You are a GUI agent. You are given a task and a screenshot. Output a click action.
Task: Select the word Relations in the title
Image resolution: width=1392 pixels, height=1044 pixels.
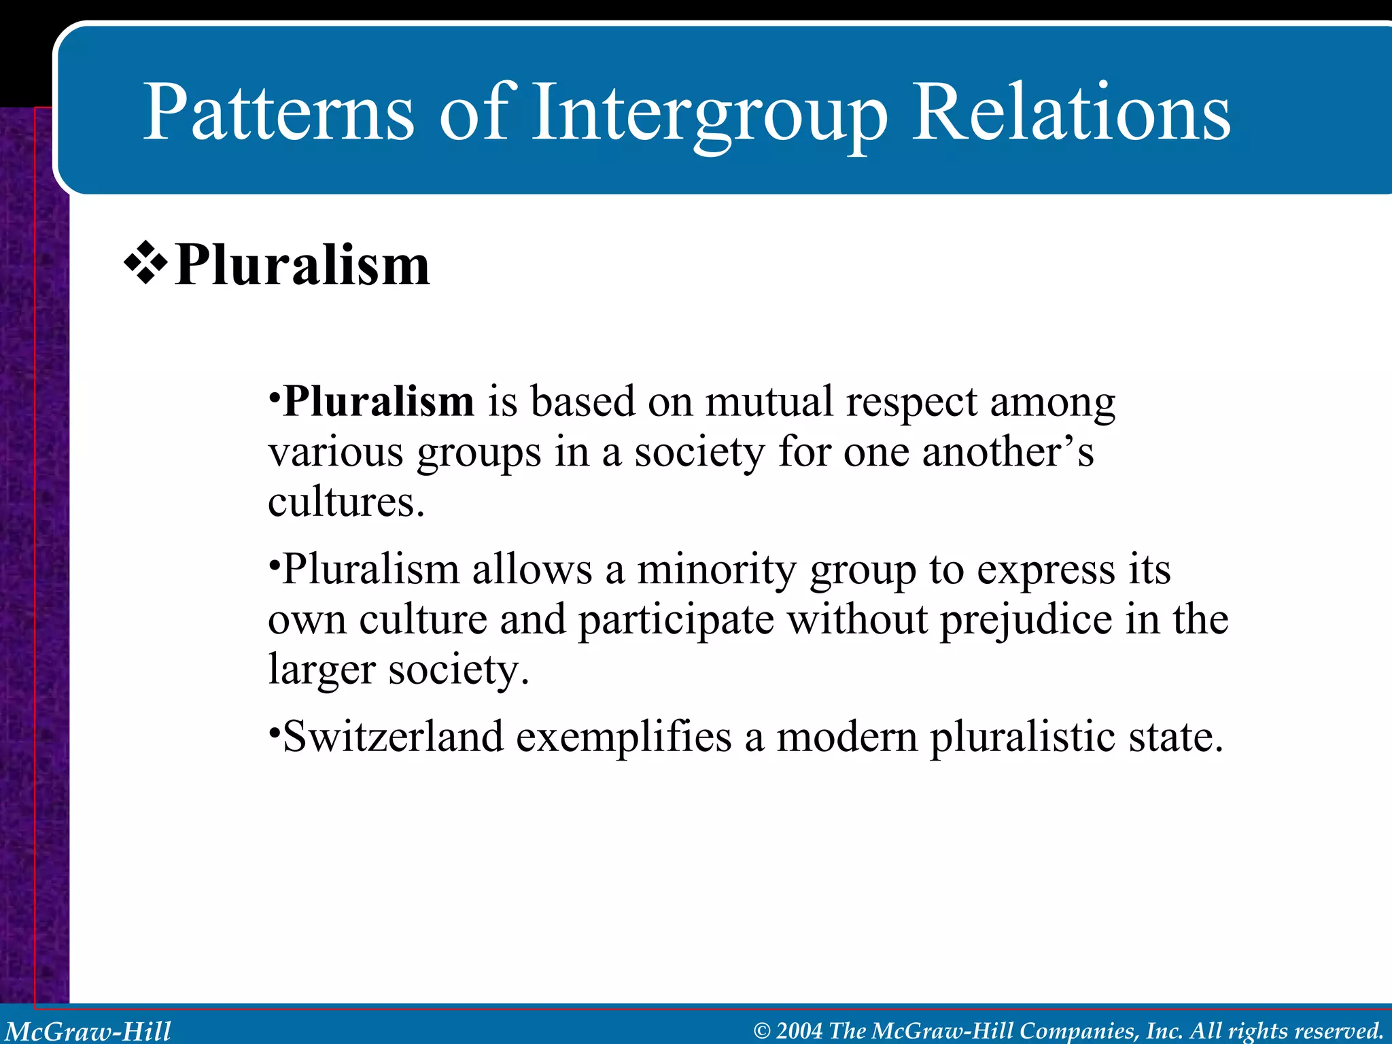pyautogui.click(x=1071, y=112)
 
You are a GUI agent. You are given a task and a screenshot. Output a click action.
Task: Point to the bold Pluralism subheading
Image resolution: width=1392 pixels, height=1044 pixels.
pyautogui.click(x=302, y=266)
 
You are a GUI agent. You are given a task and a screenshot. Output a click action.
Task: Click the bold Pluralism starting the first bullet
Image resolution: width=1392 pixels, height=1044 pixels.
pyautogui.click(x=378, y=402)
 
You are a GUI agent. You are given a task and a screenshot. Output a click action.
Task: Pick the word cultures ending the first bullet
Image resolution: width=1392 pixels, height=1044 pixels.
pyautogui.click(x=345, y=502)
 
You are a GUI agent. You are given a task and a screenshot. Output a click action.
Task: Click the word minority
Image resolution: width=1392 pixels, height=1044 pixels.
pyautogui.click(x=716, y=570)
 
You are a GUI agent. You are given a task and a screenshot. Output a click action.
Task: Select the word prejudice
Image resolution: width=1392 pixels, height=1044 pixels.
pyautogui.click(x=1026, y=621)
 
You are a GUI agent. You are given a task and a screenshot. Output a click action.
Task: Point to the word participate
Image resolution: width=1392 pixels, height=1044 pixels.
pyautogui.click(x=676, y=621)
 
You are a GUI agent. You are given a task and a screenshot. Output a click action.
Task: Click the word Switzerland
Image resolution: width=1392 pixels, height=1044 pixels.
pyautogui.click(x=393, y=737)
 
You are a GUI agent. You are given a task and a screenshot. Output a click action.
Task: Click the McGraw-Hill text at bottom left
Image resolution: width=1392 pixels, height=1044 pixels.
pyautogui.click(x=88, y=1031)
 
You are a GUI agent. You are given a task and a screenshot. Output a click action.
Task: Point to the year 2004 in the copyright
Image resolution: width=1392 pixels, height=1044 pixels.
pyautogui.click(x=799, y=1030)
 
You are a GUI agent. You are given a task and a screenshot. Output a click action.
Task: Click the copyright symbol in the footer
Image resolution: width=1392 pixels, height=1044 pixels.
pyautogui.click(x=763, y=1031)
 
